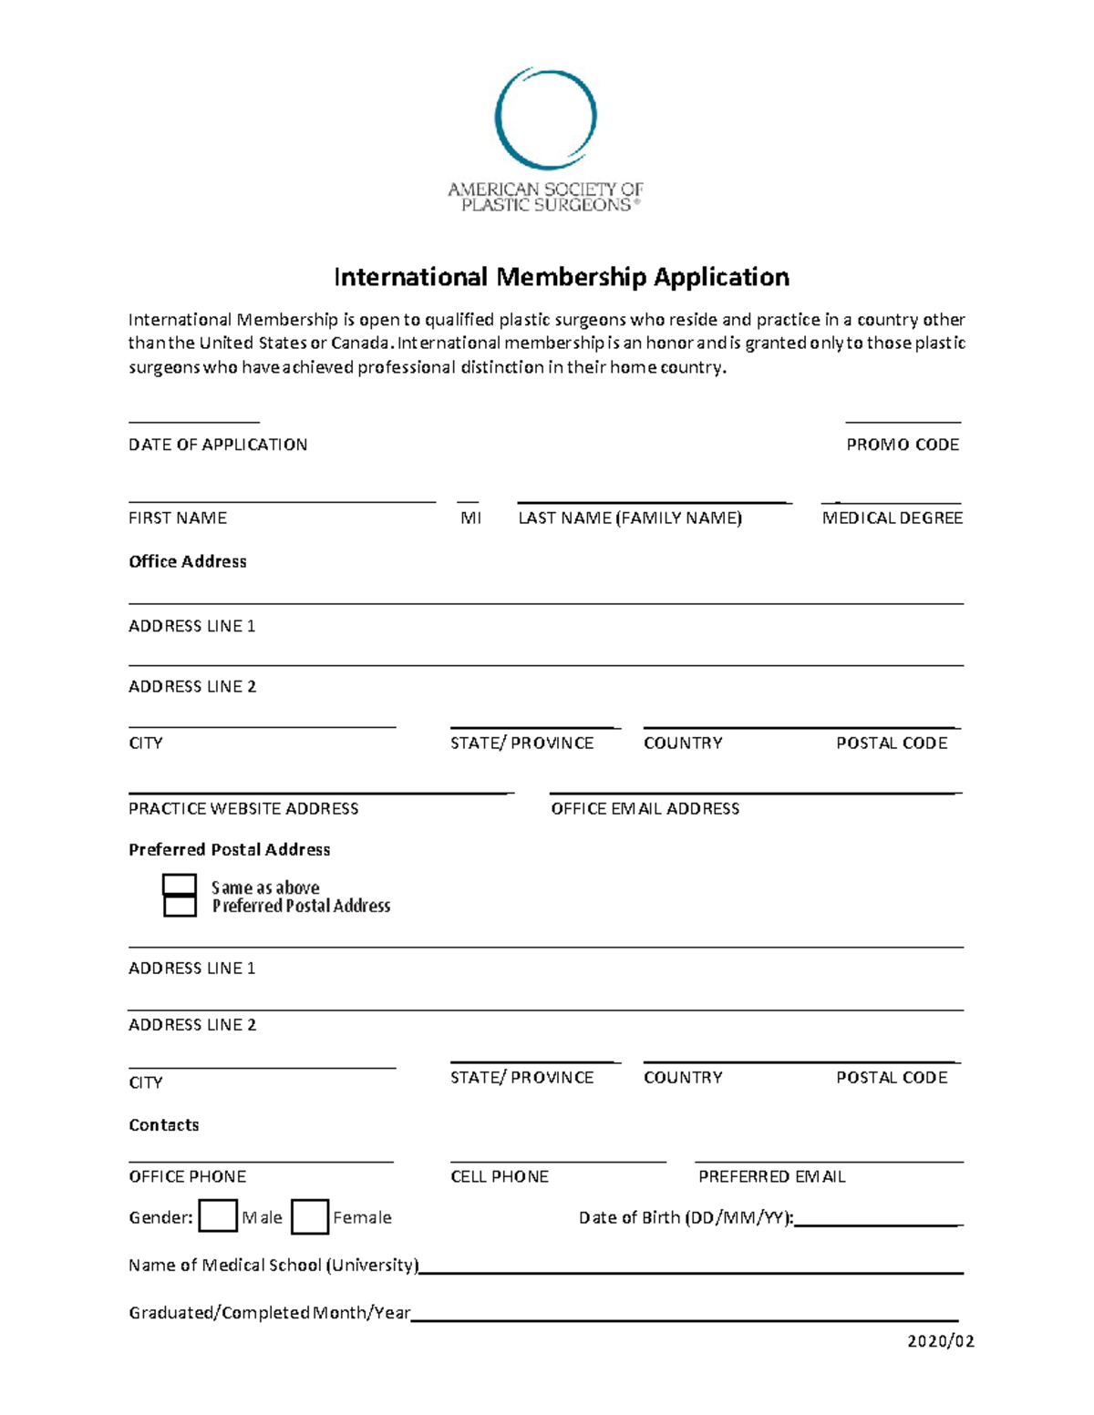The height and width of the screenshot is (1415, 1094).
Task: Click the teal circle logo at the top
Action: click(x=545, y=118)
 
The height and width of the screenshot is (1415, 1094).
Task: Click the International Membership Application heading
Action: click(x=562, y=277)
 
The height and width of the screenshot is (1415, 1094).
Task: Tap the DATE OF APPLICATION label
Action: click(x=218, y=445)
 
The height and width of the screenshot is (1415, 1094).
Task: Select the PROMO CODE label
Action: click(x=903, y=445)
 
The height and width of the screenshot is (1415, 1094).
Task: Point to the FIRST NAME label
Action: click(x=178, y=518)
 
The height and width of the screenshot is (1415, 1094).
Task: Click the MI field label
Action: click(x=470, y=518)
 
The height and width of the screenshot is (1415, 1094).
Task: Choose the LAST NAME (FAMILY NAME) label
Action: click(x=630, y=518)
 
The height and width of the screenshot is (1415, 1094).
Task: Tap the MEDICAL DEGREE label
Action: click(x=892, y=518)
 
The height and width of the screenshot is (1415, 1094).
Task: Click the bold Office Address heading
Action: click(x=188, y=561)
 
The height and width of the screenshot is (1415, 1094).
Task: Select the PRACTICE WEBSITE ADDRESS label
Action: click(x=243, y=808)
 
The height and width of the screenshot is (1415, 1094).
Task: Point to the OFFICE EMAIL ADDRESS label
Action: click(x=645, y=808)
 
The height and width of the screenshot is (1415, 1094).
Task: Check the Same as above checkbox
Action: click(x=180, y=885)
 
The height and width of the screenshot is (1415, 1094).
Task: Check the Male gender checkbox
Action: click(x=218, y=1216)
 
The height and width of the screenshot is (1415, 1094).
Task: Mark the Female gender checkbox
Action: click(x=310, y=1217)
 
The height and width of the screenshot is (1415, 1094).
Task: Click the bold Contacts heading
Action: click(x=164, y=1125)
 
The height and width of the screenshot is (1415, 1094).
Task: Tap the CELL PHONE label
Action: click(x=500, y=1176)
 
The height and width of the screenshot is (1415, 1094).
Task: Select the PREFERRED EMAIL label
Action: click(x=771, y=1176)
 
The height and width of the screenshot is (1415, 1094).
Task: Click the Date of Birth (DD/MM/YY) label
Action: click(x=686, y=1218)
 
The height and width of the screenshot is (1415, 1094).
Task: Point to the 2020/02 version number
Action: click(x=941, y=1341)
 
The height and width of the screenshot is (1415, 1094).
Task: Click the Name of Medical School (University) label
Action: click(x=273, y=1266)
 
